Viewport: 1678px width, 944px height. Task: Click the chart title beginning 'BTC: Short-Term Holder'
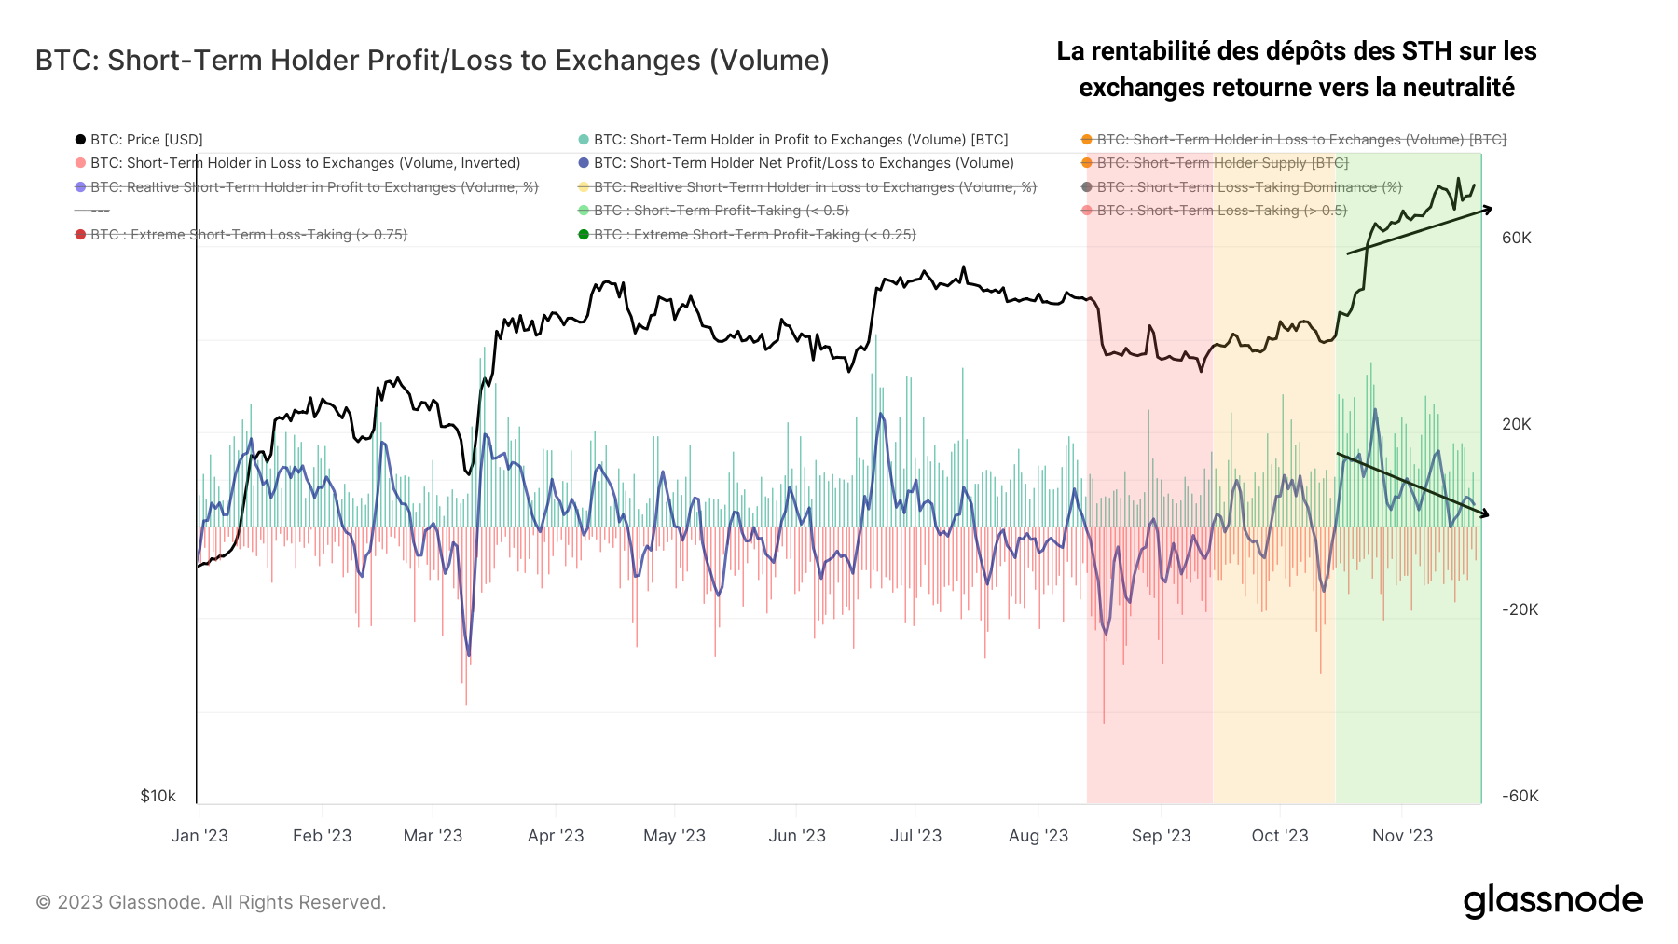point(432,61)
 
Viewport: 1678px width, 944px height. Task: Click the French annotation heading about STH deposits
point(1296,69)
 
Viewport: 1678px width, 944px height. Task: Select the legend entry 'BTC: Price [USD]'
point(145,140)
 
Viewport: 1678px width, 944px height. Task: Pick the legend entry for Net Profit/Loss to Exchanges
point(803,163)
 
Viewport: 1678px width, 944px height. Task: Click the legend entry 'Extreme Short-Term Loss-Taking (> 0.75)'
point(248,235)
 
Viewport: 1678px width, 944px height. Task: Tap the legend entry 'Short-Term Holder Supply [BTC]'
point(1222,163)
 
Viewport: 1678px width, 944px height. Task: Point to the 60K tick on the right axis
point(1516,238)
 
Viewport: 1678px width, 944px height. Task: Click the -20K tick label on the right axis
point(1520,609)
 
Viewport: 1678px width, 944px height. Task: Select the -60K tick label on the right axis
point(1520,796)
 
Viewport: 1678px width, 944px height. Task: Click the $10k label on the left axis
point(158,796)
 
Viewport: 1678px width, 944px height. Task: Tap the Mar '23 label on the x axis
point(433,836)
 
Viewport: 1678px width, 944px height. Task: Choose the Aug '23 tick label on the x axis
point(1038,836)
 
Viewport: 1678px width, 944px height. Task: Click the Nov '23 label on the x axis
point(1402,836)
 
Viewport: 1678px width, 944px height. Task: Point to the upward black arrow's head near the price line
point(1490,209)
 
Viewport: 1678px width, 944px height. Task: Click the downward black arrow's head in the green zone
point(1486,514)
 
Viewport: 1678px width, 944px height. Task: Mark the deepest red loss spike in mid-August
point(1104,721)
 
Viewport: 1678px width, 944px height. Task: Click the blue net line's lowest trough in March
point(469,654)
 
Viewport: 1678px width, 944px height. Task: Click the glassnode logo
point(1552,901)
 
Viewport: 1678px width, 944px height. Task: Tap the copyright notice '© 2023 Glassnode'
point(211,902)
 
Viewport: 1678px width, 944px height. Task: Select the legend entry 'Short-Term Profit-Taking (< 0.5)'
point(721,211)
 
